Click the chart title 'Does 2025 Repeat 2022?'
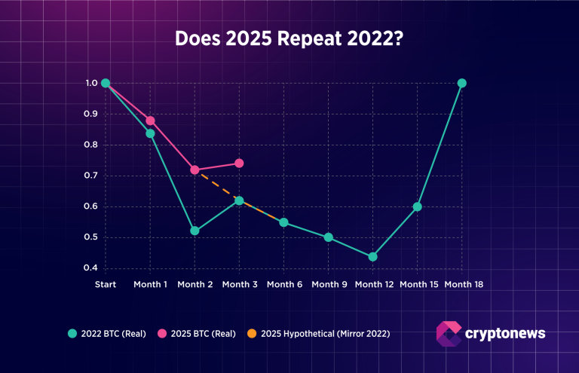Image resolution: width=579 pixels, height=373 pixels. click(x=289, y=38)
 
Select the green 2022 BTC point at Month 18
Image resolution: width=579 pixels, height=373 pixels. click(x=462, y=83)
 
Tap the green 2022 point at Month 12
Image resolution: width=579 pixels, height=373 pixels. click(x=372, y=257)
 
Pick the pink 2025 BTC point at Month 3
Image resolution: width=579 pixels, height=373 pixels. click(x=239, y=163)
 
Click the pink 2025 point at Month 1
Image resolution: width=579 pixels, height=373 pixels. click(x=150, y=121)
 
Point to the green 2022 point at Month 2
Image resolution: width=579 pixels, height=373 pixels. click(x=195, y=231)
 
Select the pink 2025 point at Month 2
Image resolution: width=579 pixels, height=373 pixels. click(x=195, y=170)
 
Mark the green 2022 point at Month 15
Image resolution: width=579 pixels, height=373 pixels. click(x=417, y=206)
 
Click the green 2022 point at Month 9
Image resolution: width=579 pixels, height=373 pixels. click(x=328, y=237)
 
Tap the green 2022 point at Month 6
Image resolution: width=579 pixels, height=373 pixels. click(x=283, y=222)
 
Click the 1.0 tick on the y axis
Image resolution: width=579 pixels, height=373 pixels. click(x=92, y=84)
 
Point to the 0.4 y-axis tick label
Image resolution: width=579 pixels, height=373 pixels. click(x=92, y=268)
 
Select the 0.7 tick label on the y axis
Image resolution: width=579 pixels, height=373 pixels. click(x=92, y=176)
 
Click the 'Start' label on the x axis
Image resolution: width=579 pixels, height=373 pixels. click(x=106, y=284)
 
